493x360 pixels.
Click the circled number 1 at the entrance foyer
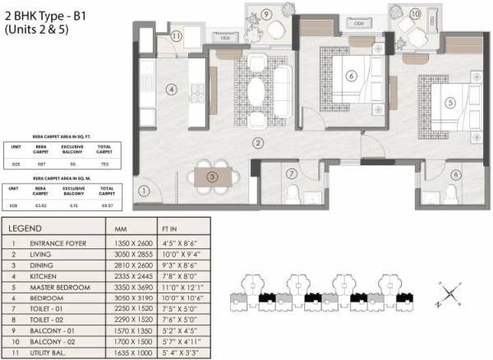coord(144,192)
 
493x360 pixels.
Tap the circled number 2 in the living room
coord(257,143)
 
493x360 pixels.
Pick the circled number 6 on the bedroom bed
coord(351,76)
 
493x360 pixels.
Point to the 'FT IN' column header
coord(168,228)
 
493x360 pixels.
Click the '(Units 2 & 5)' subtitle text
coord(40,28)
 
